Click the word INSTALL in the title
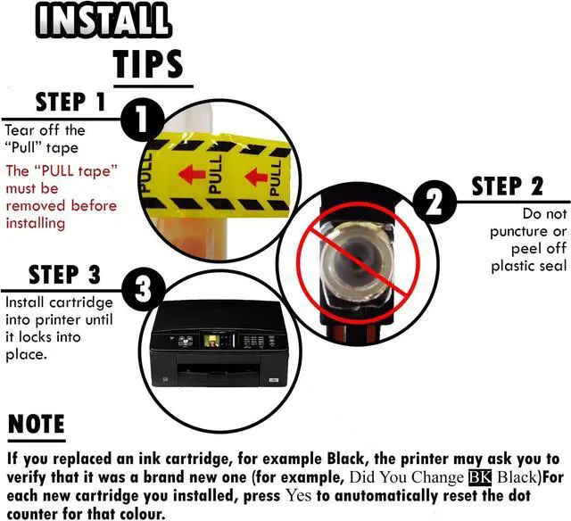point(103,20)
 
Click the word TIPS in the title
point(148,63)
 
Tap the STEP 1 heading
point(70,102)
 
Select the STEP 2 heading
point(508,186)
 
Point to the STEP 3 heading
point(64,275)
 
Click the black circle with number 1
point(141,118)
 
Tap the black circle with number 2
point(434,202)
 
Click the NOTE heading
point(36,424)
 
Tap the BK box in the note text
point(480,477)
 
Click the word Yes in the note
point(298,495)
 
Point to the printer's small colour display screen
point(211,341)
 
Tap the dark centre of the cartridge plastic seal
point(352,258)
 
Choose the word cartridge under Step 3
point(81,303)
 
